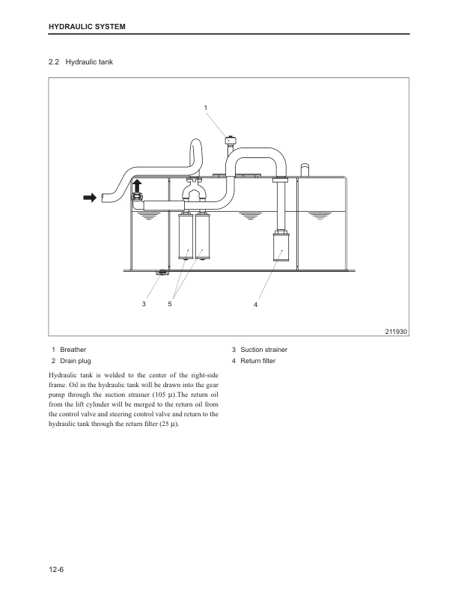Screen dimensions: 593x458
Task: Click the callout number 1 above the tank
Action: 206,109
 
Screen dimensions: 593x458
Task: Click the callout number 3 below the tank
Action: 144,304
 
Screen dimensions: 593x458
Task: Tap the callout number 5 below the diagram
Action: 171,304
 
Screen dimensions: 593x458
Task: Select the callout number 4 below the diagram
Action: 255,305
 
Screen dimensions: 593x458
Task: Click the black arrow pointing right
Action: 91,197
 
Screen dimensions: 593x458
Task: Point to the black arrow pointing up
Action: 137,185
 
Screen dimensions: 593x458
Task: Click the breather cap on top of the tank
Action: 230,139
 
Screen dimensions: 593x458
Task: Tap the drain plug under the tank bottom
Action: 160,273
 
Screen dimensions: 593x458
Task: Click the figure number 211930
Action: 394,332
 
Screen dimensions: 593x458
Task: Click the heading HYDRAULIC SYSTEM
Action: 86,27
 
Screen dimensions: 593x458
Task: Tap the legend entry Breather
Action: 73,350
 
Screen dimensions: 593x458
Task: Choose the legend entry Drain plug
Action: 75,362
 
